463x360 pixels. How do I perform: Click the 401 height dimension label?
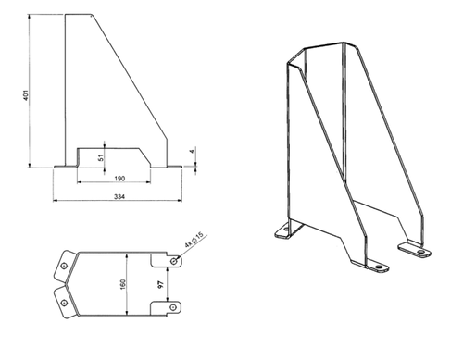coord(26,95)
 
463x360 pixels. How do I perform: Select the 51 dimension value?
coord(100,157)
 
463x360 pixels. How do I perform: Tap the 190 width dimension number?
coord(119,179)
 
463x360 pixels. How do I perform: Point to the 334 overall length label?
coord(119,196)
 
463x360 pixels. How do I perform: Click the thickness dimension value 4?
coord(192,151)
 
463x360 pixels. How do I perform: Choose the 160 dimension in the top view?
coord(122,284)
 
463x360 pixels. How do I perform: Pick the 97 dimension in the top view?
coord(160,285)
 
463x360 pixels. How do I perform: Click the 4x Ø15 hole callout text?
coord(194,240)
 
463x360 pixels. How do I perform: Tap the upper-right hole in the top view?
coord(174,261)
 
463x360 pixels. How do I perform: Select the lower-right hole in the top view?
coord(173,307)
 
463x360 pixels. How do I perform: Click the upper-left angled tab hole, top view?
coord(64,266)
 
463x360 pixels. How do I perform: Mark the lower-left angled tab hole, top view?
coord(64,303)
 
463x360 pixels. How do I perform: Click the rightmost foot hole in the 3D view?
coord(420,252)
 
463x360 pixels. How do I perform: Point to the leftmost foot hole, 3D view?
coord(286,230)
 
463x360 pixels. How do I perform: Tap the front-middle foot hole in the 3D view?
coord(379,267)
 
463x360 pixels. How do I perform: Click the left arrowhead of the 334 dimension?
coord(56,201)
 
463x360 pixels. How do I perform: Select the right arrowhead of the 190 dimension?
coord(148,182)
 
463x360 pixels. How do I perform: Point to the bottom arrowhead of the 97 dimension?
coord(168,299)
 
